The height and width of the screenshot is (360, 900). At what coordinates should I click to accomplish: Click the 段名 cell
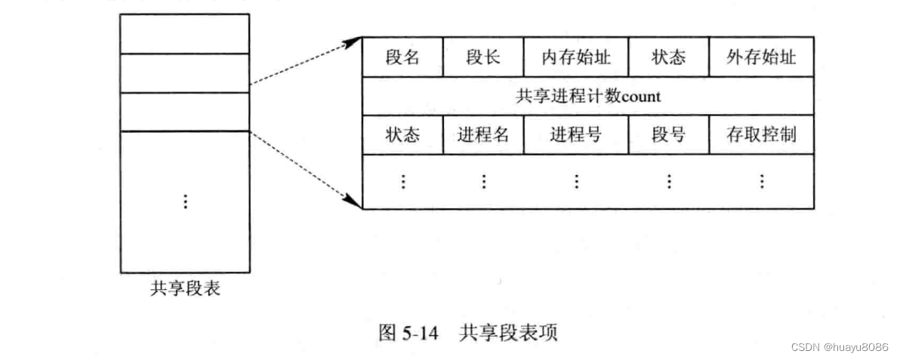pos(402,57)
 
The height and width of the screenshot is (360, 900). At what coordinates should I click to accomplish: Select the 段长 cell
pos(483,57)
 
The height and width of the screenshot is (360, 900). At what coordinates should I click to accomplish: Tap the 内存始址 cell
pos(576,57)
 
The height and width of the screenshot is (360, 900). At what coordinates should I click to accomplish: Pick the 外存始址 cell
pos(761,57)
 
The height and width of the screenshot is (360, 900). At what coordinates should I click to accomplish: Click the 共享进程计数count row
pos(588,97)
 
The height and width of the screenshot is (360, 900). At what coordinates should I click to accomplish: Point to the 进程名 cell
pos(483,135)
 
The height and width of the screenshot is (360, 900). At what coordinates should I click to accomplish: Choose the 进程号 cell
pos(576,135)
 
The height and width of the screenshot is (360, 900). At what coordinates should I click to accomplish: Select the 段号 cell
pos(668,135)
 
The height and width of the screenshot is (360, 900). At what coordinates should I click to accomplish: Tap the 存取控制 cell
pos(761,135)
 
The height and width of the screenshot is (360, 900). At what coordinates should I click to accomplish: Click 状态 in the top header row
pos(668,57)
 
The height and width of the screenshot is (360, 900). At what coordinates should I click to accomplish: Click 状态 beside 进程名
pos(402,135)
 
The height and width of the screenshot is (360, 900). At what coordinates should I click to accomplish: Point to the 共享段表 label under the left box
pos(185,288)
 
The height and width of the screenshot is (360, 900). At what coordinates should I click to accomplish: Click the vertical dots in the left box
pos(185,201)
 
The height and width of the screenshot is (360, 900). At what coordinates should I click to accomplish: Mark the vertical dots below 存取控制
pos(761,181)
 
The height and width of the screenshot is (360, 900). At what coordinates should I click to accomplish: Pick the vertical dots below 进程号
pos(576,181)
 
